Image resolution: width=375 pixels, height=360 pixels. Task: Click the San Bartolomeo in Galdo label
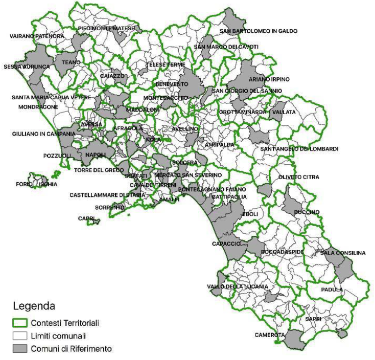258,31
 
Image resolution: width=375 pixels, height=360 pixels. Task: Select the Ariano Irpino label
269,80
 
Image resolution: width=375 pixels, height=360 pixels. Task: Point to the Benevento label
169,84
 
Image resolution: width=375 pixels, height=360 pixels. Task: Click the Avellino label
185,129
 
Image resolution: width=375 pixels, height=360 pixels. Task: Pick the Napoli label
96,154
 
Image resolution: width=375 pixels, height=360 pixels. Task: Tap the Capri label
86,218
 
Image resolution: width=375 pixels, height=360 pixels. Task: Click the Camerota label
269,335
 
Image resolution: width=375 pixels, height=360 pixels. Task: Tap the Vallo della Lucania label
237,287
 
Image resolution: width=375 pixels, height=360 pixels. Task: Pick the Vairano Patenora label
37,37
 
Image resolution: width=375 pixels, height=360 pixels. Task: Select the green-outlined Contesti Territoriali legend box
19,323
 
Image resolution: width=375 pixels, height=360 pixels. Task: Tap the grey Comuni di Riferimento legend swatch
19,349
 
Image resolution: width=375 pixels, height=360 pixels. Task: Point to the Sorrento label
110,208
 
